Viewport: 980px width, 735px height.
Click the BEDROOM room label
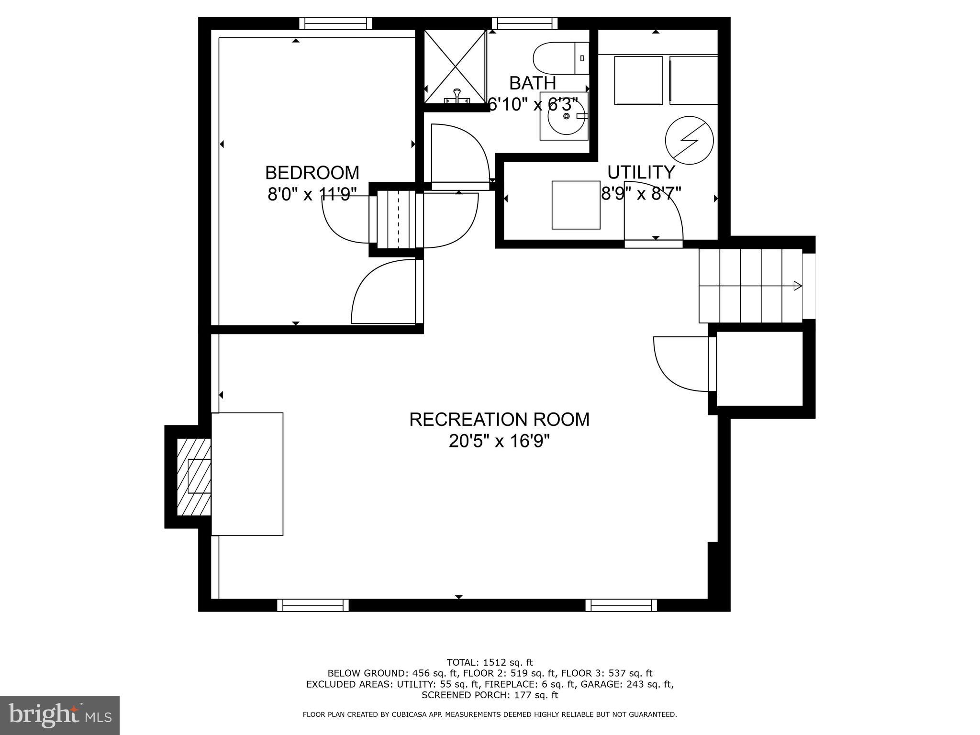click(312, 173)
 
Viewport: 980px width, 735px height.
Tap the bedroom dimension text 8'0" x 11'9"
click(312, 194)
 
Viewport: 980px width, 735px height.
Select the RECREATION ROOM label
click(499, 420)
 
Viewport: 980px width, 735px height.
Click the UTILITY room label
click(641, 172)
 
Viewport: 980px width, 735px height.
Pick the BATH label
click(532, 83)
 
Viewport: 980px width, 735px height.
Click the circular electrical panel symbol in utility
click(689, 140)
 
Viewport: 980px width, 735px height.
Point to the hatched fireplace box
click(194, 477)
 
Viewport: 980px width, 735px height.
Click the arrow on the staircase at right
click(797, 286)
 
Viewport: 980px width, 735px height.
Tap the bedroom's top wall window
click(335, 23)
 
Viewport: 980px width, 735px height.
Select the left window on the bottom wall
click(313, 606)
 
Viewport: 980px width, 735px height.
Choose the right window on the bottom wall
click(621, 606)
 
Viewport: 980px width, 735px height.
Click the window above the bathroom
click(524, 23)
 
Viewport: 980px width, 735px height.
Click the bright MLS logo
click(59, 715)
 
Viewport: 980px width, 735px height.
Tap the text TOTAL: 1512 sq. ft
click(490, 663)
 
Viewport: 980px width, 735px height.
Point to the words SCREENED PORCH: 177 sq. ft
click(490, 695)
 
